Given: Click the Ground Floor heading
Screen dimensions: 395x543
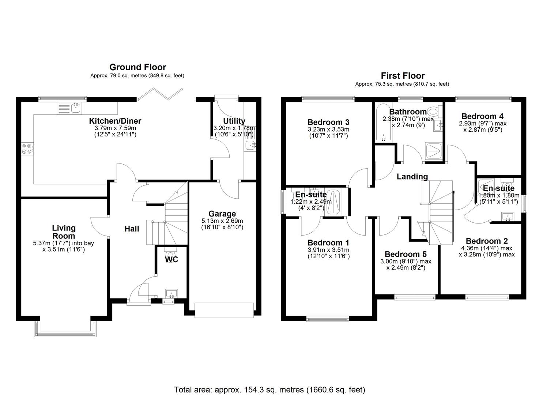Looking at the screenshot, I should [137, 67].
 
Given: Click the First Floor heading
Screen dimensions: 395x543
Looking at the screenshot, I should [403, 76].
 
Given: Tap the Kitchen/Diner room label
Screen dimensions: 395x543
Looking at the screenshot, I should [115, 121].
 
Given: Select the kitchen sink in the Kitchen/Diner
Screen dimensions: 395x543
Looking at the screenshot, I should [76, 108].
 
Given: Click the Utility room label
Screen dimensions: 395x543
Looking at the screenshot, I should [234, 121].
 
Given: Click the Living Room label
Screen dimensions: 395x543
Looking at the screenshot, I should [64, 232].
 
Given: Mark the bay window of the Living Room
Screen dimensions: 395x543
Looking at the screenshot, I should [66, 328].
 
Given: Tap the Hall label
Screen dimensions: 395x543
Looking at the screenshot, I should [132, 229].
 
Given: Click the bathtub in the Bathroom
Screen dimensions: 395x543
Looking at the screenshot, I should [382, 123].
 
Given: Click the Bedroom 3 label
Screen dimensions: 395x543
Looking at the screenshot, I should [328, 122].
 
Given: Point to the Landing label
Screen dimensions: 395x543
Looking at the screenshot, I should [412, 177].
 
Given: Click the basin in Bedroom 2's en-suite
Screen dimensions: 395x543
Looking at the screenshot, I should [508, 217].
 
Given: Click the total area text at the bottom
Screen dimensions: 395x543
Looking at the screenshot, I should [269, 390].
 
